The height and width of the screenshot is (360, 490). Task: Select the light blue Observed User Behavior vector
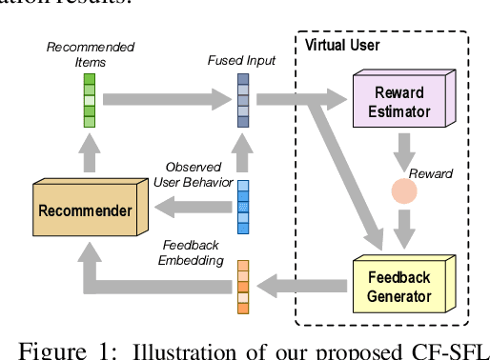tap(244, 207)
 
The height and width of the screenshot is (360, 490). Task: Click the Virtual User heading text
tap(340, 45)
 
